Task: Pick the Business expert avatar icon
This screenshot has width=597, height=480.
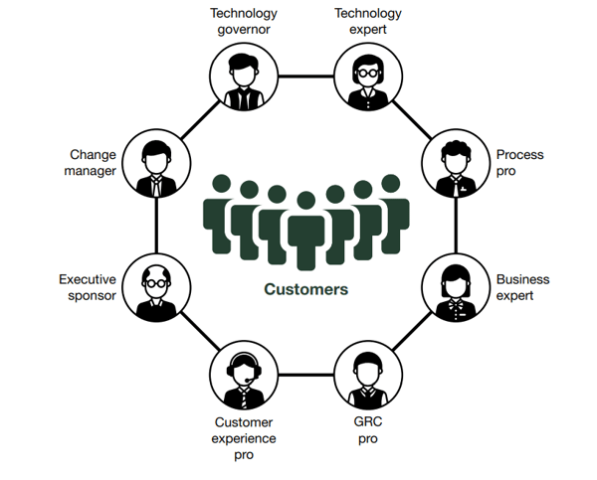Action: pyautogui.click(x=456, y=288)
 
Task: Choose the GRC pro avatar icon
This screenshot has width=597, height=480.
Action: pyautogui.click(x=367, y=377)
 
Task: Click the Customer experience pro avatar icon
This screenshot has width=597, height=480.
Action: pyautogui.click(x=243, y=377)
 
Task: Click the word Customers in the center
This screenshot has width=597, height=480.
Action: pyautogui.click(x=305, y=289)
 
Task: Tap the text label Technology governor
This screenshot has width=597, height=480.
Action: pyautogui.click(x=242, y=21)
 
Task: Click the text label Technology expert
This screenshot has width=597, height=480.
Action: pyautogui.click(x=367, y=21)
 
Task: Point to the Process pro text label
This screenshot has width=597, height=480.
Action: pyautogui.click(x=520, y=162)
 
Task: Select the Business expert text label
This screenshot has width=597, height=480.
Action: pyautogui.click(x=522, y=287)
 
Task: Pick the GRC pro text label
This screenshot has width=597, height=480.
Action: pyautogui.click(x=368, y=430)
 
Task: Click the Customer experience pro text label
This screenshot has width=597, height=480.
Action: pyautogui.click(x=245, y=438)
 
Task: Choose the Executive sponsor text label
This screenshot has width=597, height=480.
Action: pyautogui.click(x=88, y=287)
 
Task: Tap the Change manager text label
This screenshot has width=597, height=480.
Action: pyautogui.click(x=93, y=162)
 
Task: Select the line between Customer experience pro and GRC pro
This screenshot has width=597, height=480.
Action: pyautogui.click(x=305, y=377)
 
